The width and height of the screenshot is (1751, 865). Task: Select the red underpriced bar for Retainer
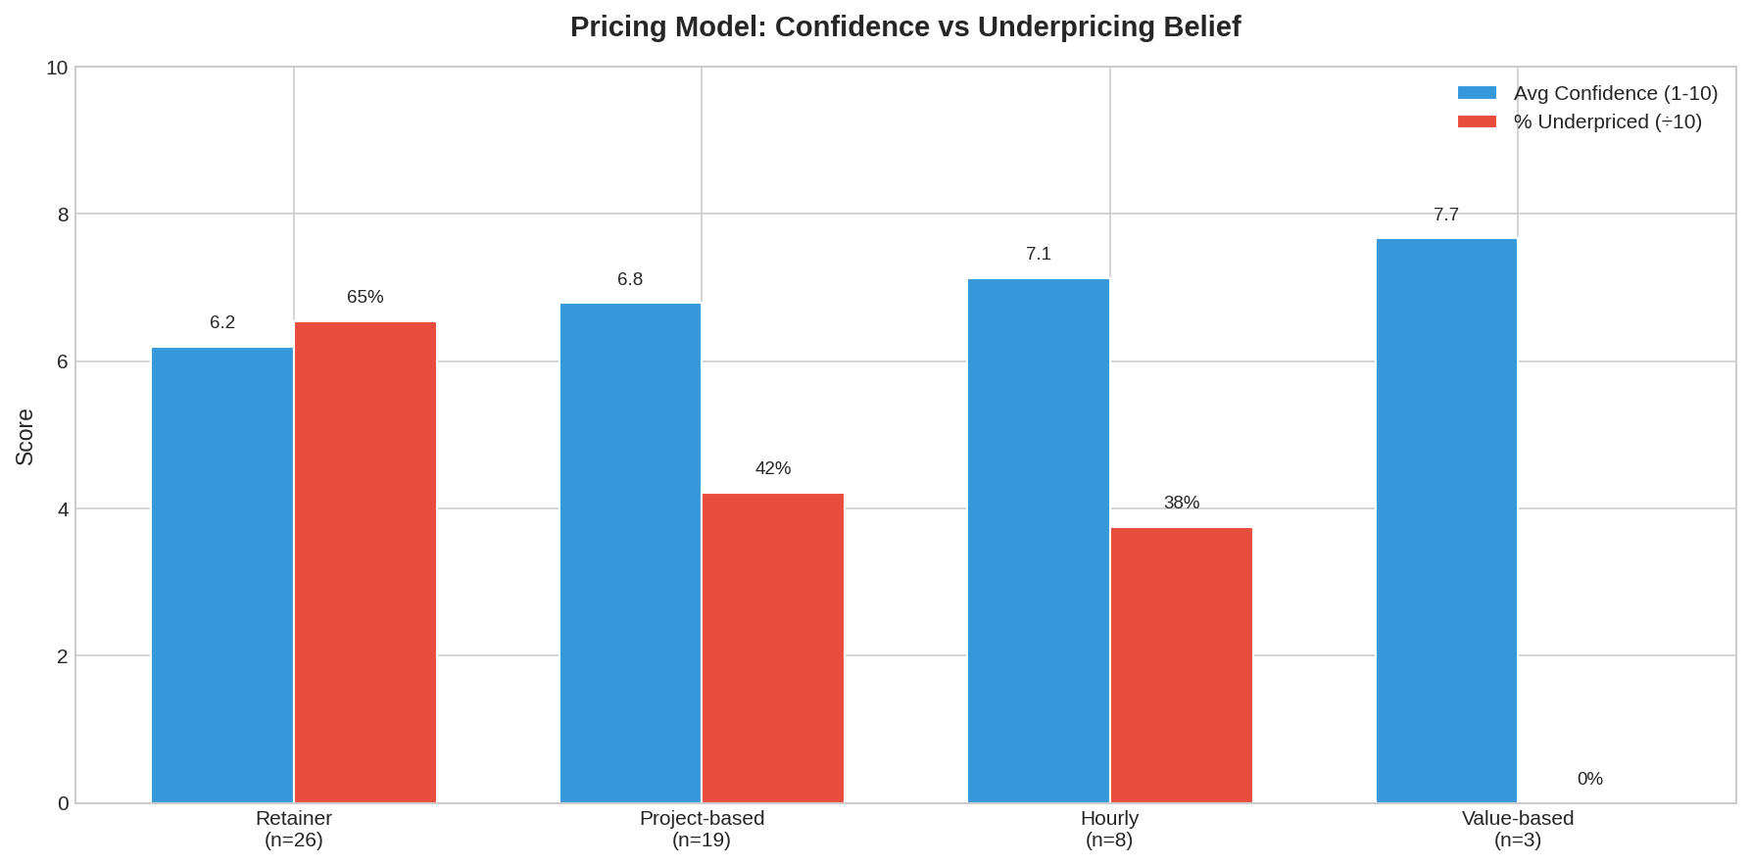pyautogui.click(x=365, y=562)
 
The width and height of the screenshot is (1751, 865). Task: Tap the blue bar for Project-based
pyautogui.click(x=630, y=553)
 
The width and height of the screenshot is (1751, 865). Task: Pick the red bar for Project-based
pyautogui.click(x=773, y=648)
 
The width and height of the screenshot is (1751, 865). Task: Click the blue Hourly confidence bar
pyautogui.click(x=1039, y=541)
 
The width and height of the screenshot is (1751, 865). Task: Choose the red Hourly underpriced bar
pyautogui.click(x=1182, y=665)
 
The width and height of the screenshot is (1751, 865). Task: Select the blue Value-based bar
pyautogui.click(x=1446, y=520)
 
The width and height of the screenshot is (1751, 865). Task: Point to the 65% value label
pyautogui.click(x=365, y=297)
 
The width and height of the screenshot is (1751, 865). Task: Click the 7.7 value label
pyautogui.click(x=1446, y=215)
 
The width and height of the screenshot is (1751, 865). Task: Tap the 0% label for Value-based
pyautogui.click(x=1589, y=779)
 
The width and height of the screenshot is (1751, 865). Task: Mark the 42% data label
pyautogui.click(x=773, y=468)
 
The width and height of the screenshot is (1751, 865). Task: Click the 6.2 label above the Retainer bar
pyautogui.click(x=222, y=322)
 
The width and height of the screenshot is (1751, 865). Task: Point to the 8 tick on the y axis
pyautogui.click(x=63, y=215)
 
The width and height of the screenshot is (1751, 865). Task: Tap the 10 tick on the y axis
pyautogui.click(x=58, y=68)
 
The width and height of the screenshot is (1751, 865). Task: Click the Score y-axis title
pyautogui.click(x=25, y=436)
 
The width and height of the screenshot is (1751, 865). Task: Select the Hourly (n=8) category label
pyautogui.click(x=1109, y=829)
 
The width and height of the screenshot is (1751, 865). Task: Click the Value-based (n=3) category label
pyautogui.click(x=1517, y=829)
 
